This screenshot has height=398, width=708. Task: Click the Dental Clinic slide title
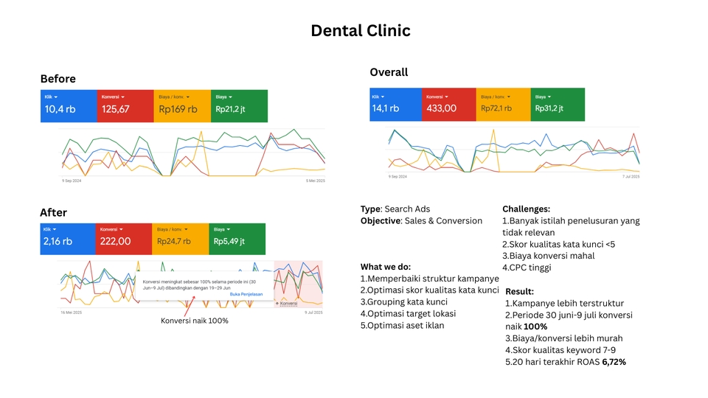tap(360, 31)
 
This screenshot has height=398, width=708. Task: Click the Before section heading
tap(58, 79)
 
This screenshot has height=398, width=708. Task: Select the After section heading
tap(53, 212)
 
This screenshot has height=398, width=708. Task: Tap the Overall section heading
tap(389, 72)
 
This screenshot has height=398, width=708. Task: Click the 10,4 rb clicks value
tap(60, 110)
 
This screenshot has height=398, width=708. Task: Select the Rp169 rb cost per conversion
tap(178, 110)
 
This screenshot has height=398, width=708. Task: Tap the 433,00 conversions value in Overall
tap(442, 108)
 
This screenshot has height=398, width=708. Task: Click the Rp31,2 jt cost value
tap(549, 108)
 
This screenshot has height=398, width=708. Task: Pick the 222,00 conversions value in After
tap(115, 241)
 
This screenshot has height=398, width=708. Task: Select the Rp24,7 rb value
tap(174, 241)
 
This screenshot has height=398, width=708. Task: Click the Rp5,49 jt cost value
tap(229, 241)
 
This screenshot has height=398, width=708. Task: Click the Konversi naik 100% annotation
tap(195, 321)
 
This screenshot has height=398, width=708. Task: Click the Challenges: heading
tap(526, 209)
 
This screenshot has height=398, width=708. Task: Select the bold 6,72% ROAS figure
tap(614, 362)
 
